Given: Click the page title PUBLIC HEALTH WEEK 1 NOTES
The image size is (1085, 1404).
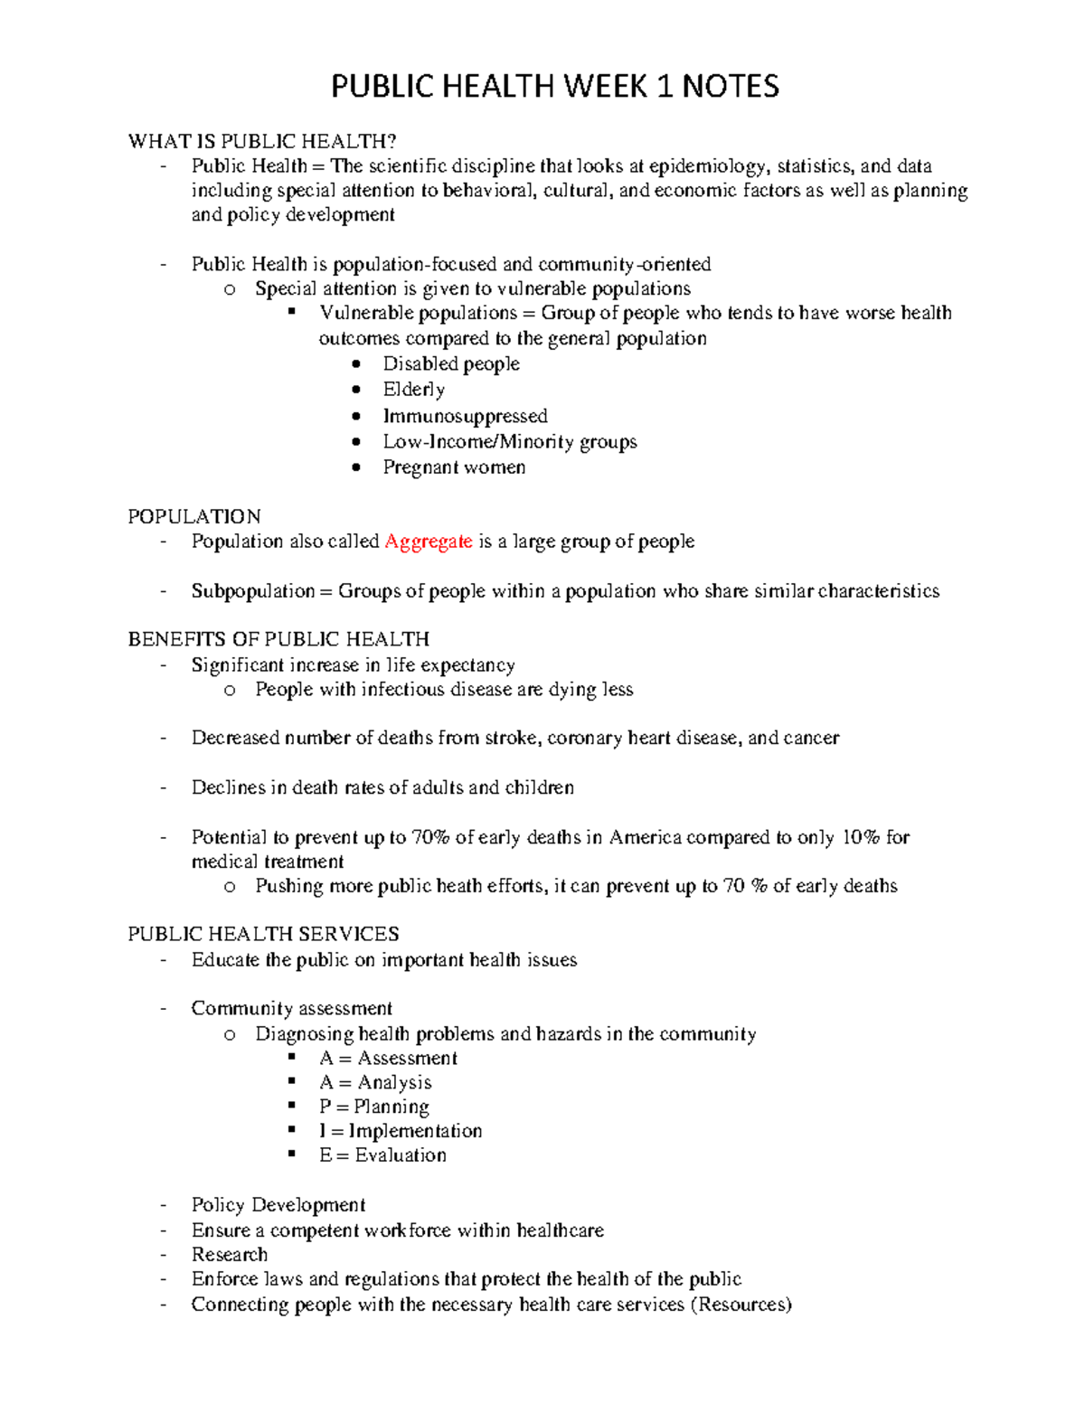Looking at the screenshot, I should (x=554, y=87).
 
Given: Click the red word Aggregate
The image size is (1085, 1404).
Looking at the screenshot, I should (x=428, y=542).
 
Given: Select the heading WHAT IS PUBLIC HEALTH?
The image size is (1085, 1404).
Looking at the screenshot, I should (x=262, y=141).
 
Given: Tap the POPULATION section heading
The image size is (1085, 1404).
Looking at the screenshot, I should (x=194, y=516).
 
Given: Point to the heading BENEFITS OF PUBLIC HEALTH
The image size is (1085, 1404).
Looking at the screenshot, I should (x=278, y=639).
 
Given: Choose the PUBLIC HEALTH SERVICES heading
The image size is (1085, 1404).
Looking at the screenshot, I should (x=263, y=934).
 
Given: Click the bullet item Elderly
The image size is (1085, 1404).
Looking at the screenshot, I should (x=413, y=390).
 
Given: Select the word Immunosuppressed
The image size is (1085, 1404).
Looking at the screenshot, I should (x=465, y=416).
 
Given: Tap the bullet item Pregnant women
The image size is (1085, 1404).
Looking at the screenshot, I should (x=454, y=467).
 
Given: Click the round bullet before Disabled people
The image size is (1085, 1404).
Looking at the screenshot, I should (x=357, y=363).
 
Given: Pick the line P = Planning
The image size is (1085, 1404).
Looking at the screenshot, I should (x=373, y=1107).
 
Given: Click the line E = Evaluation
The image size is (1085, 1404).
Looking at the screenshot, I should (x=382, y=1155).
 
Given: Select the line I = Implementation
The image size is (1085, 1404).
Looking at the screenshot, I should (x=401, y=1131).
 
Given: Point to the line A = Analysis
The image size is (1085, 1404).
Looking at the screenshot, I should (x=375, y=1082).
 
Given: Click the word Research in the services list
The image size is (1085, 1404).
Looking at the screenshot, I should (x=230, y=1255).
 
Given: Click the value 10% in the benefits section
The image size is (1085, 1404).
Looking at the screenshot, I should (x=860, y=837).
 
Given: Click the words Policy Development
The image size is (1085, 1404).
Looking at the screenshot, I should (x=278, y=1205).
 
